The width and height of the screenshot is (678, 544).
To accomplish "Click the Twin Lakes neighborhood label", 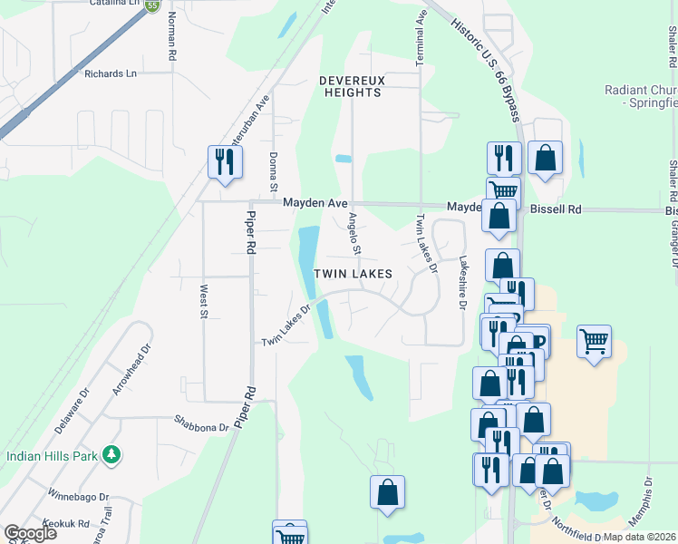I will point(354,273).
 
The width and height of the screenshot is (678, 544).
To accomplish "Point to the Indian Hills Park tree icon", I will point(111,454).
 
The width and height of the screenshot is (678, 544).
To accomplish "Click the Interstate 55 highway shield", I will point(152,5).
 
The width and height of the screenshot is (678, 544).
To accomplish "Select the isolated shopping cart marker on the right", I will point(594,342).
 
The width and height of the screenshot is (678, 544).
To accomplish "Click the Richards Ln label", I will point(111,73).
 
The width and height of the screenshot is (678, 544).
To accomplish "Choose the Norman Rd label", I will point(171,42).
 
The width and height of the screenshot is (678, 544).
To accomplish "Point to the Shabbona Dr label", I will point(200,423).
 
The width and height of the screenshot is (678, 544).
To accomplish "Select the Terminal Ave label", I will point(421,38).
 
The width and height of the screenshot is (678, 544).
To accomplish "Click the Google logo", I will point(30,532).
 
